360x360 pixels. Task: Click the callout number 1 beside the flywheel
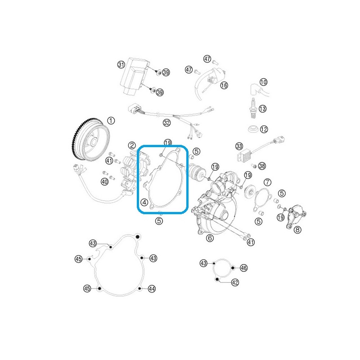click(111, 121)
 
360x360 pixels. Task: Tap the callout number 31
click(121, 65)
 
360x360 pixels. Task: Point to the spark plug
click(253, 108)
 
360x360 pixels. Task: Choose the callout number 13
click(262, 108)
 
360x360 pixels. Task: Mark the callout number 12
click(264, 129)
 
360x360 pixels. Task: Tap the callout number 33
click(239, 146)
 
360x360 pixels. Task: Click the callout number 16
click(224, 85)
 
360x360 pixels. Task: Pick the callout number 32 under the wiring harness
click(166, 123)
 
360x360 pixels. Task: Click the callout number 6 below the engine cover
click(210, 238)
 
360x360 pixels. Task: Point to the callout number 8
click(297, 229)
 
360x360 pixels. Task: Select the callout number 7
click(267, 182)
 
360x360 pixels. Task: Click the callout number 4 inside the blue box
click(144, 202)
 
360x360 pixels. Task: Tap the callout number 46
click(243, 268)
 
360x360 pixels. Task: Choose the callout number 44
click(152, 289)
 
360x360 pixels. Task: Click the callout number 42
click(235, 283)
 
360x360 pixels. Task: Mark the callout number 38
click(262, 166)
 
